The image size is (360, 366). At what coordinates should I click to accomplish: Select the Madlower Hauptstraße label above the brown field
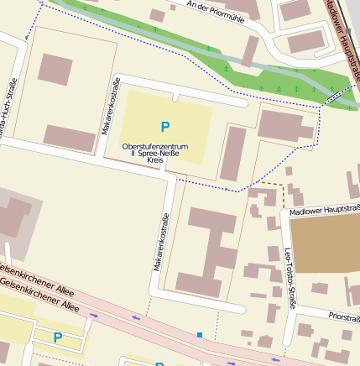325,211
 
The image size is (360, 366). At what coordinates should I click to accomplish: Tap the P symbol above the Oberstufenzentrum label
165,128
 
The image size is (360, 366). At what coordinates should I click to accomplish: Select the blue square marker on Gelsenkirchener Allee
200,335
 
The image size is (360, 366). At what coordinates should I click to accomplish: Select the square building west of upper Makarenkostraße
55,69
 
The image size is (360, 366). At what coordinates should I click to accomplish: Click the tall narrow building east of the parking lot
232,154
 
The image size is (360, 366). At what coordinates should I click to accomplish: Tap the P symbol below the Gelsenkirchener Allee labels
57,337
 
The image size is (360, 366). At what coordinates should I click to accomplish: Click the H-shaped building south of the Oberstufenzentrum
210,252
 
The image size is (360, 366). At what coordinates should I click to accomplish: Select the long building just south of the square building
70,138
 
